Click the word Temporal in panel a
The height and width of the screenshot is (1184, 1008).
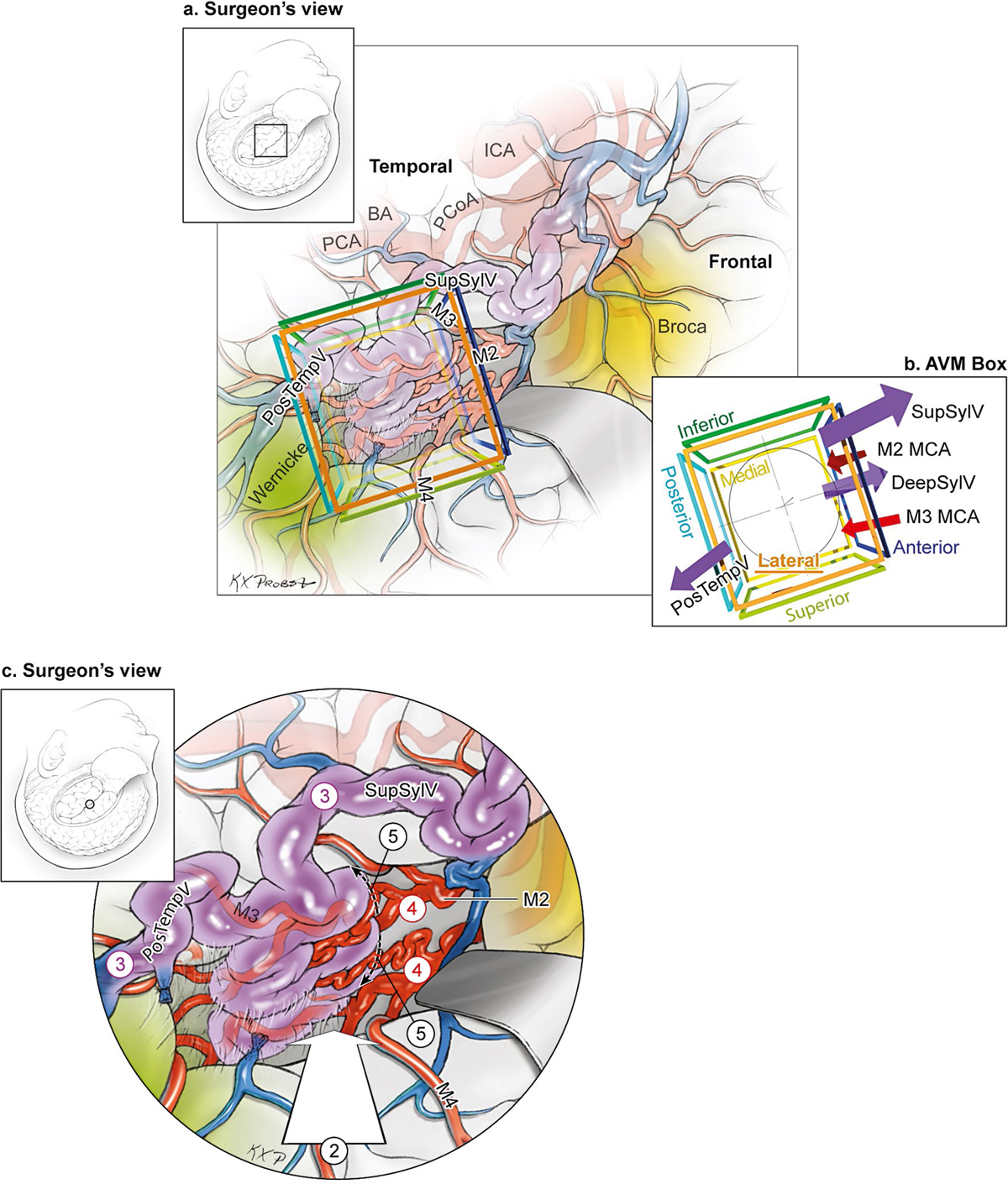click(x=411, y=166)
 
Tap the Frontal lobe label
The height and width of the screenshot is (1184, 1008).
click(x=739, y=262)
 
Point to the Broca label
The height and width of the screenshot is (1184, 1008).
click(x=681, y=327)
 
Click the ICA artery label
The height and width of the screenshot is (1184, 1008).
click(x=499, y=151)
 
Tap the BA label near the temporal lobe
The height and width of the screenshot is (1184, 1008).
click(x=380, y=214)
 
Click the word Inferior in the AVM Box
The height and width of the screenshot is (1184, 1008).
click(x=706, y=425)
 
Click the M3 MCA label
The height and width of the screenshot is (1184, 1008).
click(x=942, y=516)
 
